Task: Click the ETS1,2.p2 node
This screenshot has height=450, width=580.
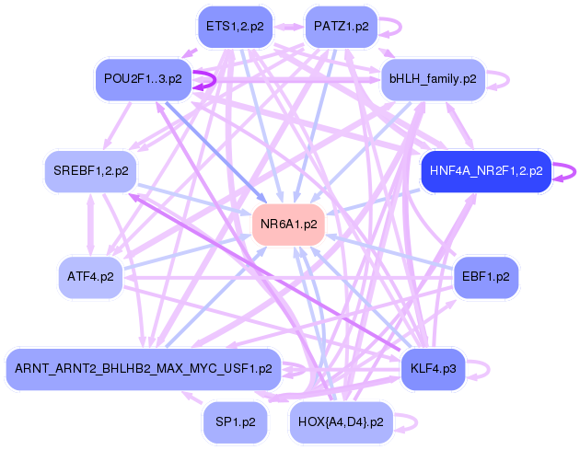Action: [235, 27]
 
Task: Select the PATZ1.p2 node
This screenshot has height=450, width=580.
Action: [340, 27]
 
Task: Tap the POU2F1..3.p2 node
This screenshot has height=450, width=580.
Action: [143, 79]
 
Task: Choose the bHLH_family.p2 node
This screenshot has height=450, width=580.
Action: [433, 79]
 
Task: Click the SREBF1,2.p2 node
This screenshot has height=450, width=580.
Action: [90, 170]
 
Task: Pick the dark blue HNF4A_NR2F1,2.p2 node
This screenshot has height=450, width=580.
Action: [485, 170]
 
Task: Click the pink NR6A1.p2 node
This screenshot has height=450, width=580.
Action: [288, 224]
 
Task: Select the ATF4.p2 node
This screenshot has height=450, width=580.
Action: [90, 276]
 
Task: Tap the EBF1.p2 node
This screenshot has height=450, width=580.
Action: [486, 276]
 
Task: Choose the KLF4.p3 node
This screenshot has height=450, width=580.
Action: [433, 369]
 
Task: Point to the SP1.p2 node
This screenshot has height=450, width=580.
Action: [235, 421]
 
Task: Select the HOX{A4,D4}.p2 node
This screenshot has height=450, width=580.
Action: [341, 421]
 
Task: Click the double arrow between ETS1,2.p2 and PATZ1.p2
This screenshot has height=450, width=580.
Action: [287, 27]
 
